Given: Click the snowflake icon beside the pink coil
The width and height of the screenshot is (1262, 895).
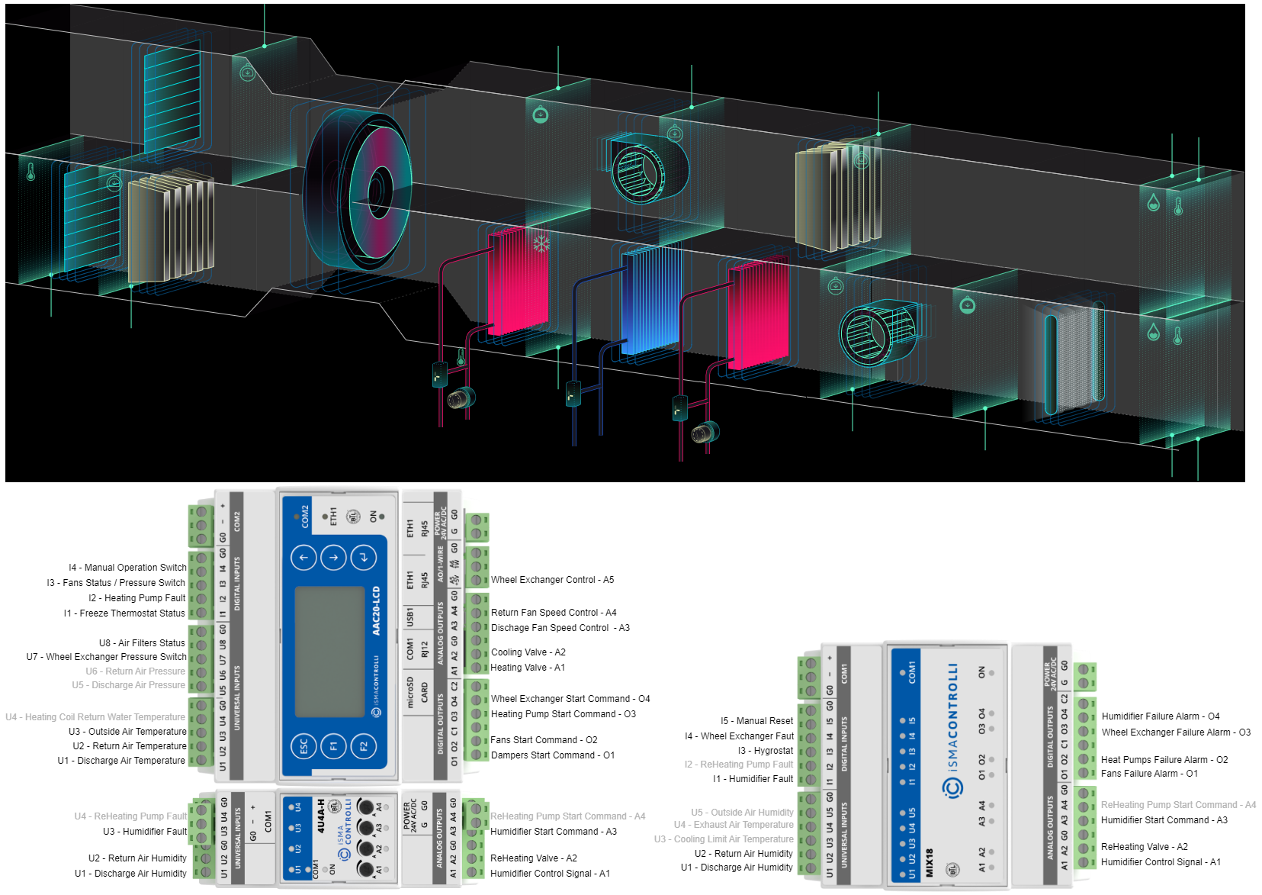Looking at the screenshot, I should pos(541,244).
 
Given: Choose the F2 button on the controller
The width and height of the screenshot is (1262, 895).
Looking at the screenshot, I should pos(363,745).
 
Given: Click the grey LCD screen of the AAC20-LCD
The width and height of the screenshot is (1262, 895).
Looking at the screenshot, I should pos(329,652).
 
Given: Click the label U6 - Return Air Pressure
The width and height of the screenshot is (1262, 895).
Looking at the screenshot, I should pos(136,671).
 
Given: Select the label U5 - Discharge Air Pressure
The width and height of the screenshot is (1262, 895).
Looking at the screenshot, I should pos(129,685).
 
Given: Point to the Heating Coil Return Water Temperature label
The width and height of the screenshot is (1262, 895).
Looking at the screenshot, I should pos(95,717).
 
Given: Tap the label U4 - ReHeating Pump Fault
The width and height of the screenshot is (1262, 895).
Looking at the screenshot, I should pos(130,816).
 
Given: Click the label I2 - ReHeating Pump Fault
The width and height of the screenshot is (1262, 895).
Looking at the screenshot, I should pos(739,765).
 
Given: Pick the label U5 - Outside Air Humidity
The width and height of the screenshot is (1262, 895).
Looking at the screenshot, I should pos(743,813).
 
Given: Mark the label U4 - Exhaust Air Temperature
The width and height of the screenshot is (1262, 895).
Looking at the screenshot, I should pos(734,825).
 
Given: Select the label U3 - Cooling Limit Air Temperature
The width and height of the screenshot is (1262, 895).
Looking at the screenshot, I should pos(724,839).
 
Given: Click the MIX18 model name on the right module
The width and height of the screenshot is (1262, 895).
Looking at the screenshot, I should pos(929,863).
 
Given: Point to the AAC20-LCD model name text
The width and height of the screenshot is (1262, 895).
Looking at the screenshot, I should pos(376,610).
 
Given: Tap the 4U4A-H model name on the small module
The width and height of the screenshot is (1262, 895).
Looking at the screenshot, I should pos(321,816).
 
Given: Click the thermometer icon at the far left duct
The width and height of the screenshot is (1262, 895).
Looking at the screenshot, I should pos(31,172).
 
